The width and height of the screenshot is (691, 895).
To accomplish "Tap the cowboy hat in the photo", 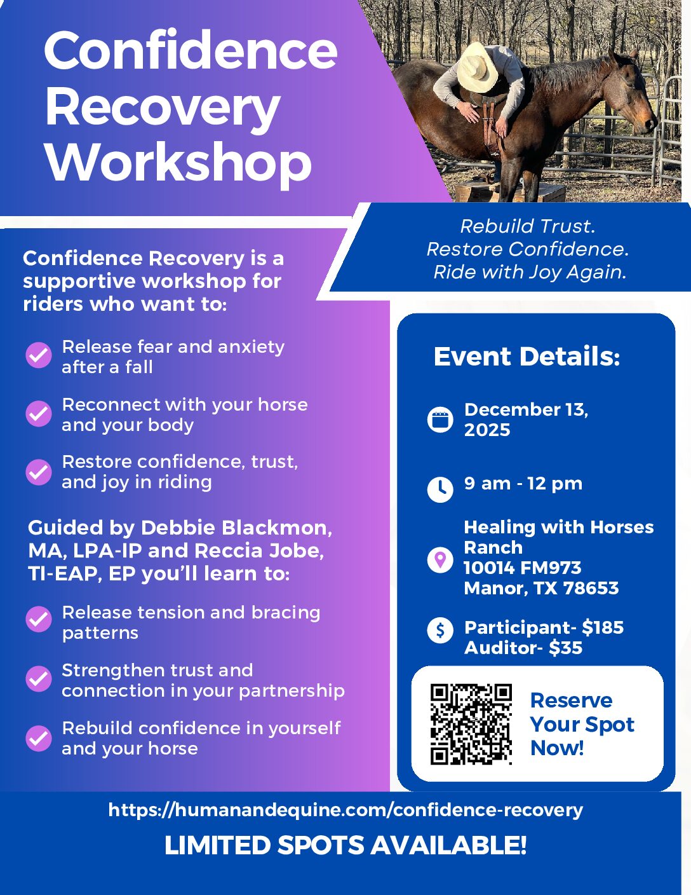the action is [478, 67].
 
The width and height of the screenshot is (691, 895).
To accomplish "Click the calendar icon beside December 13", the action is [440, 420].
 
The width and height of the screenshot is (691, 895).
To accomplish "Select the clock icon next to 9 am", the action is [440, 489].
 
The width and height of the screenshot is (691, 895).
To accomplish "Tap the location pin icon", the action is [440, 560].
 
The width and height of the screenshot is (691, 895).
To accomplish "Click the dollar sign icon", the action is [440, 630].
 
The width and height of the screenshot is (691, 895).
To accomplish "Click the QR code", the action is [471, 724].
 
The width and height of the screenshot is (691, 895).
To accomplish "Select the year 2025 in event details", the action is [487, 430].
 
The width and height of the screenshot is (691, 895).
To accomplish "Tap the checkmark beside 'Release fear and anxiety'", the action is [39, 355].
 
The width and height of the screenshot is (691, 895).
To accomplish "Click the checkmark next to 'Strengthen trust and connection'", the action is [39, 679].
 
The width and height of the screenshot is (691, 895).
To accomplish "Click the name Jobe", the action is [296, 550].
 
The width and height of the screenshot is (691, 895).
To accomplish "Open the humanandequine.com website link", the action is [345, 810].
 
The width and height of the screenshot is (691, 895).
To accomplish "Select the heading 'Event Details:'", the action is [527, 356].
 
